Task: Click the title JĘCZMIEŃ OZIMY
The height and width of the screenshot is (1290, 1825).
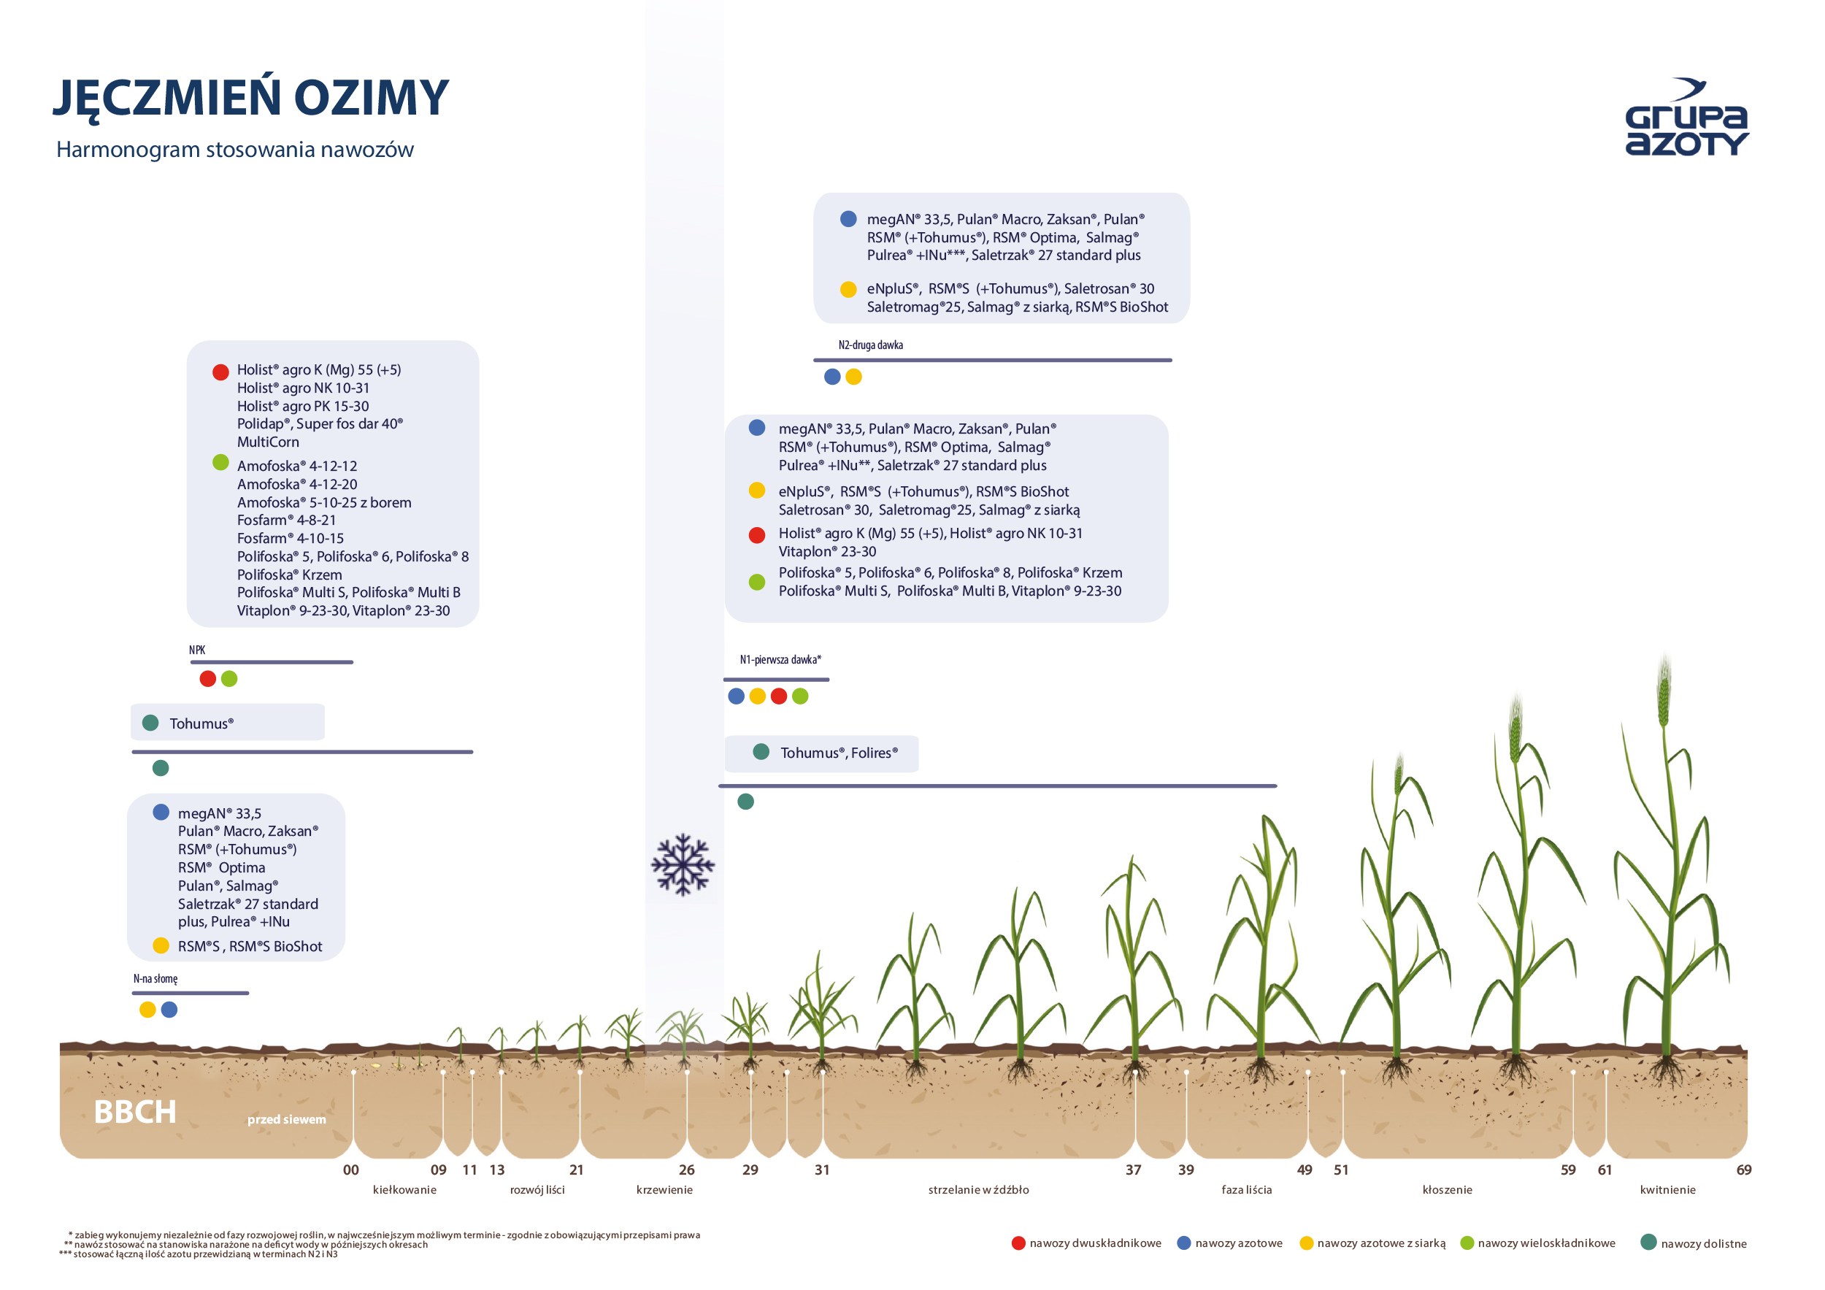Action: pyautogui.click(x=251, y=97)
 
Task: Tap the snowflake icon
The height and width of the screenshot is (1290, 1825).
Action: pyautogui.click(x=683, y=865)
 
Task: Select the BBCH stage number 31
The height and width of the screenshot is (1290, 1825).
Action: pyautogui.click(x=822, y=1170)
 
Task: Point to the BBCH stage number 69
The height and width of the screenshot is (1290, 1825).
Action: pyautogui.click(x=1743, y=1170)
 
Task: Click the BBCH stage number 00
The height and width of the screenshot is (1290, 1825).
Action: pyautogui.click(x=350, y=1170)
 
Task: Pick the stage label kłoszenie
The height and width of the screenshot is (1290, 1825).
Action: pyautogui.click(x=1447, y=1190)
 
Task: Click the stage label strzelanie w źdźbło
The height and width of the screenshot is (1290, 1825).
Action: pyautogui.click(x=977, y=1190)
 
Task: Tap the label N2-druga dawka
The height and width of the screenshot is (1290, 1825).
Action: pyautogui.click(x=870, y=345)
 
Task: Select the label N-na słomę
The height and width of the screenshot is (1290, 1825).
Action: pyautogui.click(x=155, y=978)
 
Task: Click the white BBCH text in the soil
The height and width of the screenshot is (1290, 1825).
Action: pyautogui.click(x=135, y=1112)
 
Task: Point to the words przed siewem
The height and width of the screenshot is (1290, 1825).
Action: pyautogui.click(x=286, y=1119)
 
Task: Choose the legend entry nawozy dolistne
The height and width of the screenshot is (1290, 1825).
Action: pyautogui.click(x=1703, y=1244)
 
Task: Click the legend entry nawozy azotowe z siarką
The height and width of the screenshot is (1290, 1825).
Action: pyautogui.click(x=1380, y=1243)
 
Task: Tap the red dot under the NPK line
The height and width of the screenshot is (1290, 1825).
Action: pyautogui.click(x=207, y=679)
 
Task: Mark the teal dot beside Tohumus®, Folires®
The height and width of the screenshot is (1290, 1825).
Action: pyautogui.click(x=761, y=752)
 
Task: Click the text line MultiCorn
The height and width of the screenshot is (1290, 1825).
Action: pyautogui.click(x=268, y=442)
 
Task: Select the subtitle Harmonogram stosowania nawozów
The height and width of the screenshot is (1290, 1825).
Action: pyautogui.click(x=234, y=150)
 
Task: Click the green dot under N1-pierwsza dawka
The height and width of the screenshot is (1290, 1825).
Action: pyautogui.click(x=799, y=696)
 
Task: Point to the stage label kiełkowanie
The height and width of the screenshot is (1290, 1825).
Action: pyautogui.click(x=404, y=1190)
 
